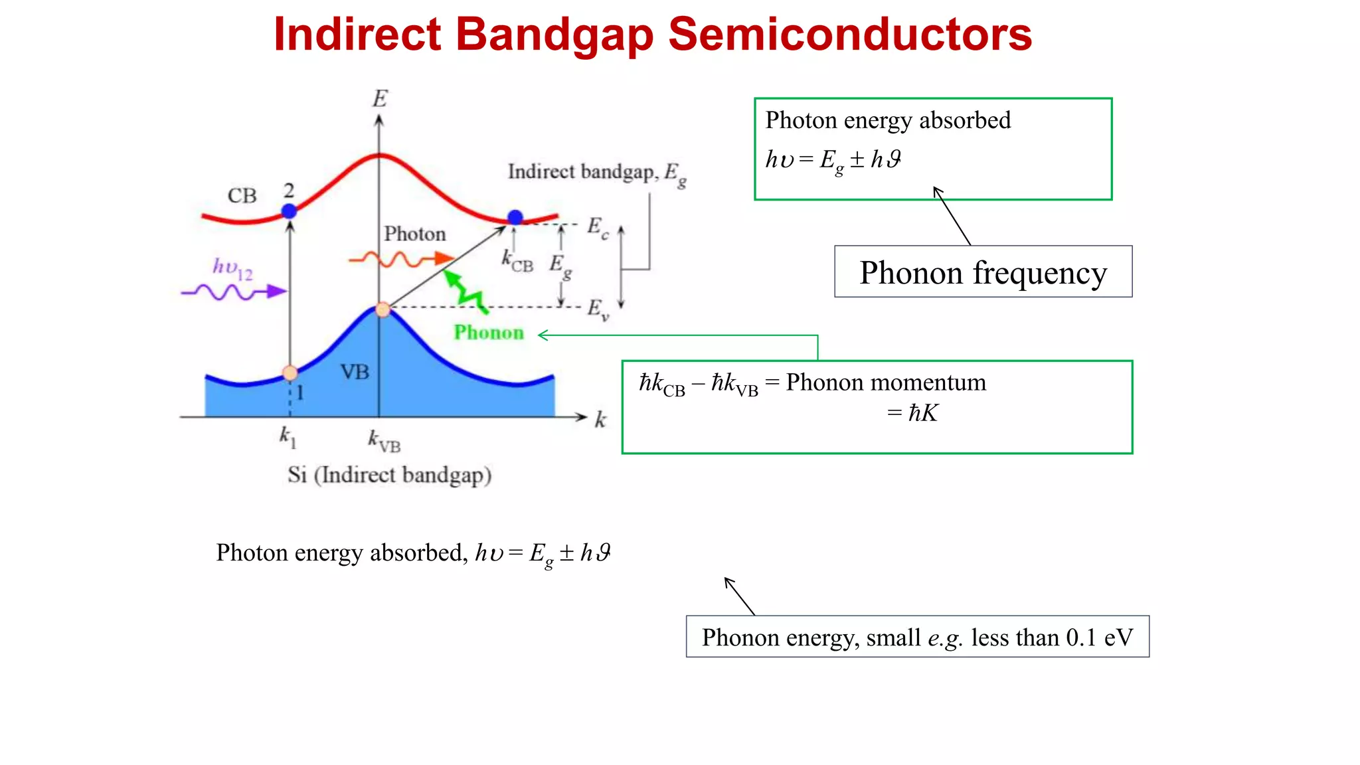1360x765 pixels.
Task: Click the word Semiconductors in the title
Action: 849,35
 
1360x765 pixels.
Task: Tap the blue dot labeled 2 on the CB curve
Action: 289,211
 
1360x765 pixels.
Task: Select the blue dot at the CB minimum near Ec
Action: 515,217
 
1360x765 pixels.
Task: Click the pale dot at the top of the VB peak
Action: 383,309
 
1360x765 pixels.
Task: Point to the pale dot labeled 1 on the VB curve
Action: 290,373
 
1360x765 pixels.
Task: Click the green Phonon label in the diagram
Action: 489,333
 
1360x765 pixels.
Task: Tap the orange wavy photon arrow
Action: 401,259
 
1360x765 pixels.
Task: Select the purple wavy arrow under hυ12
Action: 233,292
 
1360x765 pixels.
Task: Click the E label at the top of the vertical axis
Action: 379,99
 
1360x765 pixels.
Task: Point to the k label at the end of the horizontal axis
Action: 600,420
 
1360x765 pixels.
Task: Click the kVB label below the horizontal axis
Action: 384,441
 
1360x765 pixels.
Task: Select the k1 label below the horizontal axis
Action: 288,438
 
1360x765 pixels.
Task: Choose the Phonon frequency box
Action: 983,272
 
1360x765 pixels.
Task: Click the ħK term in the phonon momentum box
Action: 923,413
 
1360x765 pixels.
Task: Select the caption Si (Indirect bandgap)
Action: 389,475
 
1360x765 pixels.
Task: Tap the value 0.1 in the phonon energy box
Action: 1081,637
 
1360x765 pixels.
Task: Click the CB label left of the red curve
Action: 242,196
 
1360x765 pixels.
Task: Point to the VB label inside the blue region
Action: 355,372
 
